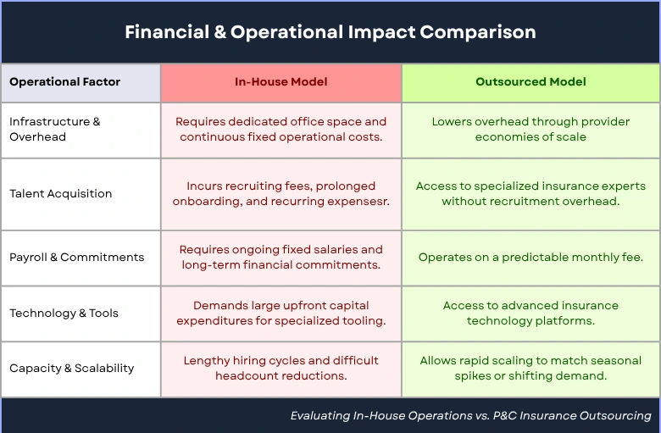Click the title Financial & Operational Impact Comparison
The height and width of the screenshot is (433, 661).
330,32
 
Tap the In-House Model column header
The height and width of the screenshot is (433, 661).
281,82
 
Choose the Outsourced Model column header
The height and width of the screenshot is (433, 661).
530,82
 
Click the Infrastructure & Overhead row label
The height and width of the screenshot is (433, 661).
55,129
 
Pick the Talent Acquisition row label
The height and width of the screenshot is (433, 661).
61,193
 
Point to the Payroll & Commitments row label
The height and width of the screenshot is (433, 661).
77,258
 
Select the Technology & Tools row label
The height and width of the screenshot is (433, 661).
64,314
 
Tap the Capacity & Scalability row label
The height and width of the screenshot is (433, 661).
72,368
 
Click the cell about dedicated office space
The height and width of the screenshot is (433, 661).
281,129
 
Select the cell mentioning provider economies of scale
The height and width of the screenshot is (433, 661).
530,129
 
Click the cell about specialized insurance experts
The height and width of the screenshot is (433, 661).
530,193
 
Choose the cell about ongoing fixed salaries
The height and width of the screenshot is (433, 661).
281,258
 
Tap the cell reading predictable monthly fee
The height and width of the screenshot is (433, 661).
530,258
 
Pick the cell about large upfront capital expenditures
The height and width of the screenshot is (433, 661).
281,313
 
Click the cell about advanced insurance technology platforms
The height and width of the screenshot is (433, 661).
530,313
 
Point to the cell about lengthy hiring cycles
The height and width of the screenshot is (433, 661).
281,368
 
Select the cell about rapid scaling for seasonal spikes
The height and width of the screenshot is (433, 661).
530,368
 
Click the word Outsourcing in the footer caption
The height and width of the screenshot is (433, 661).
615,416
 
